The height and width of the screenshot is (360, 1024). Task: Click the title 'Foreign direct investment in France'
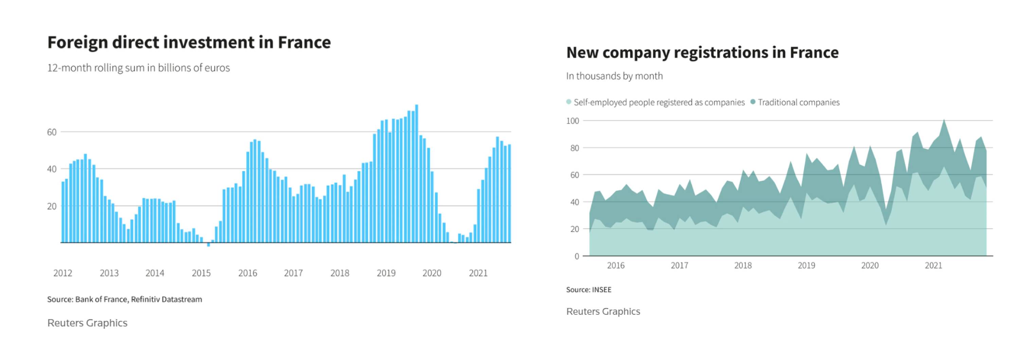(x=189, y=42)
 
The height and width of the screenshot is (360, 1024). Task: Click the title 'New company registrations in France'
(x=702, y=52)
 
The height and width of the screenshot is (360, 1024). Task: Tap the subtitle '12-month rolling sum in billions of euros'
(x=138, y=68)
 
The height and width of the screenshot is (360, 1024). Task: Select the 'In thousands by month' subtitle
(x=614, y=76)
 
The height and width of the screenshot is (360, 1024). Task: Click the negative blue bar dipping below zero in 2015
(x=208, y=245)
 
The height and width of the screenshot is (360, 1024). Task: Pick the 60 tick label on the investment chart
(x=52, y=132)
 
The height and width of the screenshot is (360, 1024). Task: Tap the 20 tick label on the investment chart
(x=52, y=206)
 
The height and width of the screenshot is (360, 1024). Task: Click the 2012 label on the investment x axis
(x=63, y=273)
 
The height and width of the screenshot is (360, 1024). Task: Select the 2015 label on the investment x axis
(x=201, y=273)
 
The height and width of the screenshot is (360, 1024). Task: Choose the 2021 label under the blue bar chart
(x=478, y=273)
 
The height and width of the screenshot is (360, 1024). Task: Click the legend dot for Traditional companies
(x=753, y=102)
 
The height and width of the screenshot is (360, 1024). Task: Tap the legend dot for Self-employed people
(x=569, y=102)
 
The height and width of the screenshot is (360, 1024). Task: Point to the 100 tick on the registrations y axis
(x=572, y=121)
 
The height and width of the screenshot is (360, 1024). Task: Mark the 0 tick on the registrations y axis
(x=577, y=256)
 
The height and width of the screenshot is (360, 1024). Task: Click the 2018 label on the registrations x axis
(x=743, y=266)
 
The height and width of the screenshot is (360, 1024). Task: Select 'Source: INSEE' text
(x=589, y=290)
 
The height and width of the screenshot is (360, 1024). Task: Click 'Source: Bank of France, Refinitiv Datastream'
(x=124, y=299)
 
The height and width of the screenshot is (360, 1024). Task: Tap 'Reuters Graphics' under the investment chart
(x=87, y=323)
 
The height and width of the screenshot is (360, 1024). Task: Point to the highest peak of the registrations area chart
(x=944, y=120)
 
